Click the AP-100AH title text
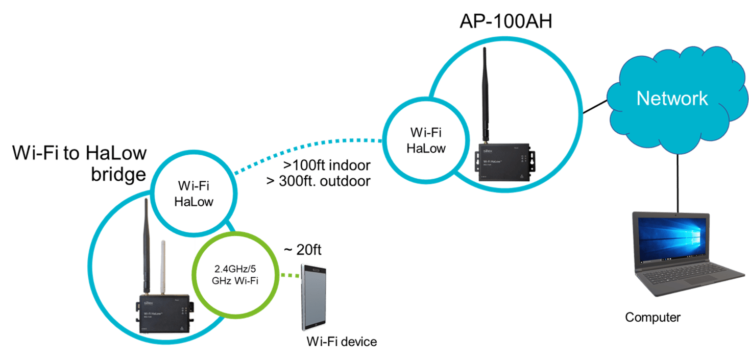pos(505,22)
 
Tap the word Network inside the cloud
pos(672,98)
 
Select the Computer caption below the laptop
pos(653,318)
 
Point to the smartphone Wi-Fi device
pos(314,297)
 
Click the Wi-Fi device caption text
pos(341,342)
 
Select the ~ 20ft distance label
pos(302,250)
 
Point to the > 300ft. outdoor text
pos(319,181)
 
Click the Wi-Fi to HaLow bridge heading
pos(79,162)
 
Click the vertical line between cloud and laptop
pos(678,181)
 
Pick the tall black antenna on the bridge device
pos(146,245)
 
